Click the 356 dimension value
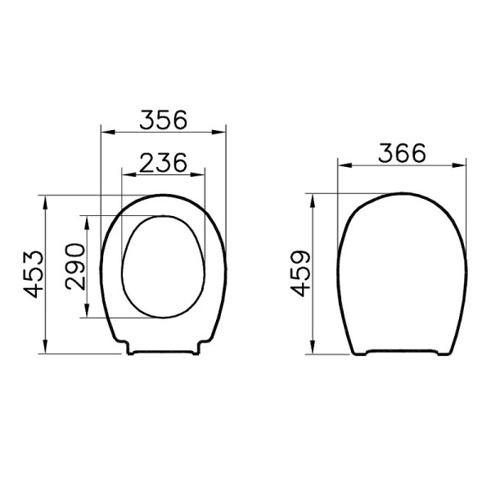[162, 119]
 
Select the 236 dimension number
[162, 162]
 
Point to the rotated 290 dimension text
[74, 267]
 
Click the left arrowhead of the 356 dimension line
[104, 130]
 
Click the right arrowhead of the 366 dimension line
[462, 165]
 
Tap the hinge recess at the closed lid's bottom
[402, 353]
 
